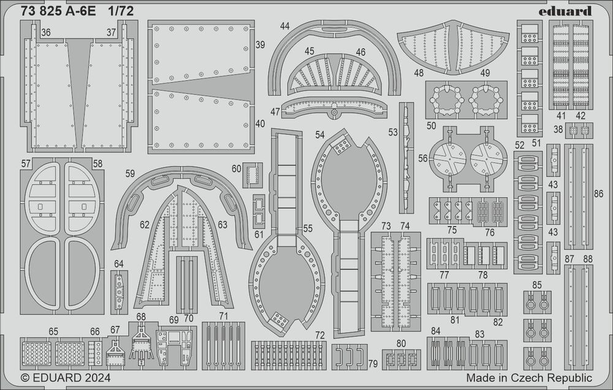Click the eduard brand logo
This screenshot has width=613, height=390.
[565, 11]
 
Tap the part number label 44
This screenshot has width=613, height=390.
[285, 26]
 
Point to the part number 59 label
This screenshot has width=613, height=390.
[130, 173]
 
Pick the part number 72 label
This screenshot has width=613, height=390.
[320, 335]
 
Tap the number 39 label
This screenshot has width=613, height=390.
[260, 45]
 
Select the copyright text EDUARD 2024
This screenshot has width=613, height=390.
[66, 378]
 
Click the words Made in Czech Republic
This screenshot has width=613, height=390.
[529, 378]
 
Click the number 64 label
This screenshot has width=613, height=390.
[118, 264]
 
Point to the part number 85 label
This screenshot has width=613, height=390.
[537, 285]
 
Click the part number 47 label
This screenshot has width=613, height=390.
[275, 111]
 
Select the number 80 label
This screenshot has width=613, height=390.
[401, 343]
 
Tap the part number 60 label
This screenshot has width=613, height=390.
[236, 168]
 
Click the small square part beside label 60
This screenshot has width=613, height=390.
[252, 175]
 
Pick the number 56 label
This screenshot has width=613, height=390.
[422, 158]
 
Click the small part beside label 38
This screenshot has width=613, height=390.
[579, 130]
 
